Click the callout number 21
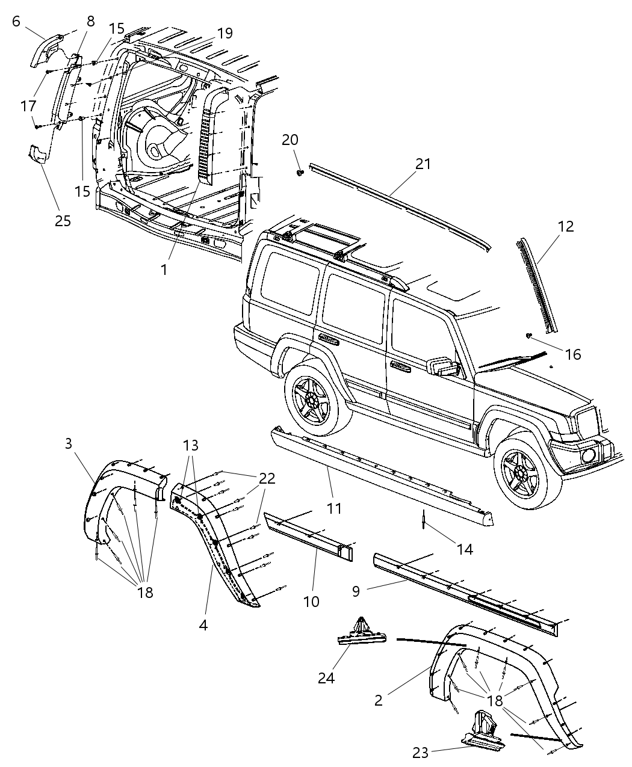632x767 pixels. (x=423, y=164)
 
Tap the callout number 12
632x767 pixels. (x=565, y=227)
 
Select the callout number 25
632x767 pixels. (x=63, y=221)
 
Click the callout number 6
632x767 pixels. (x=16, y=22)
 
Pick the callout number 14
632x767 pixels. (x=464, y=549)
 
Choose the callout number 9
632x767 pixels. (x=356, y=591)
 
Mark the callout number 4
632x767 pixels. (x=203, y=625)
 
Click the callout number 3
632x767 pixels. (x=68, y=444)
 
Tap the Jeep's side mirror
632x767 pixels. (x=444, y=368)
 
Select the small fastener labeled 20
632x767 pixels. (x=300, y=173)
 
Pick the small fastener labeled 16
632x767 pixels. (x=528, y=336)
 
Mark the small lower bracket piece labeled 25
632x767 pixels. (x=37, y=154)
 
